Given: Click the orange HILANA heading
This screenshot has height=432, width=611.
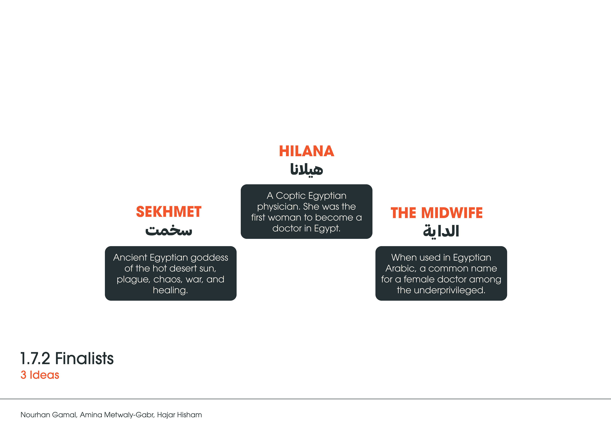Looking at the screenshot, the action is pyautogui.click(x=306, y=151).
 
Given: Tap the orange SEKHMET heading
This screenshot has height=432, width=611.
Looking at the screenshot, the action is pyautogui.click(x=169, y=212).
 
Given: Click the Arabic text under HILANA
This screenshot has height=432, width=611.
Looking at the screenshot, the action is pyautogui.click(x=306, y=169).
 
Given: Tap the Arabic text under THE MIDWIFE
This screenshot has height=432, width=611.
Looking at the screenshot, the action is pyautogui.click(x=441, y=231).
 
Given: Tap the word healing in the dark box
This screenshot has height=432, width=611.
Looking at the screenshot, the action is pyautogui.click(x=170, y=290).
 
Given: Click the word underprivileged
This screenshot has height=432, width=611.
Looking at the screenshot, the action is pyautogui.click(x=449, y=290).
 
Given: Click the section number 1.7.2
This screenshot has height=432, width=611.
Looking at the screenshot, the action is pyautogui.click(x=35, y=358).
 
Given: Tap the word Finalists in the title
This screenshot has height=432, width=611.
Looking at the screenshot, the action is pyautogui.click(x=84, y=358).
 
